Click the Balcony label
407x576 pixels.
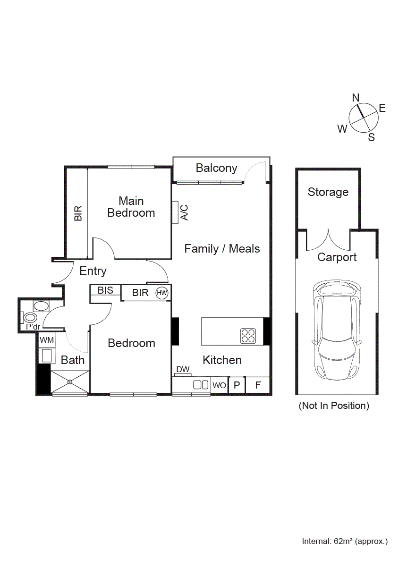pyautogui.click(x=216, y=168)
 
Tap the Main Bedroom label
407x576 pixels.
pyautogui.click(x=131, y=207)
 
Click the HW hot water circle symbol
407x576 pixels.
pyautogui.click(x=162, y=293)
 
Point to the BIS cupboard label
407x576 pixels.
pyautogui.click(x=105, y=290)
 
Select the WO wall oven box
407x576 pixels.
pyautogui.click(x=219, y=385)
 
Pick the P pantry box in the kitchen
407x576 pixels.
pyautogui.click(x=237, y=385)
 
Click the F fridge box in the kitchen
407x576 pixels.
pyautogui.click(x=258, y=385)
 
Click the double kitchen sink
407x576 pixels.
pyautogui.click(x=201, y=385)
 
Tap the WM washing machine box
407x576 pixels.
pyautogui.click(x=46, y=340)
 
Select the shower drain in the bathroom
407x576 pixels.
pyautogui.click(x=70, y=381)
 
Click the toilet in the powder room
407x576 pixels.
pyautogui.click(x=31, y=318)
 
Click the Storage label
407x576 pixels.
pyautogui.click(x=328, y=192)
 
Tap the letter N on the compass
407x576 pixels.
pyautogui.click(x=356, y=97)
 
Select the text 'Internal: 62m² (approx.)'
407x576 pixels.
pyautogui.click(x=345, y=541)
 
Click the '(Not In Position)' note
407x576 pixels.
pyautogui.click(x=334, y=406)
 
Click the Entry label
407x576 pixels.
pyautogui.click(x=93, y=271)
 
